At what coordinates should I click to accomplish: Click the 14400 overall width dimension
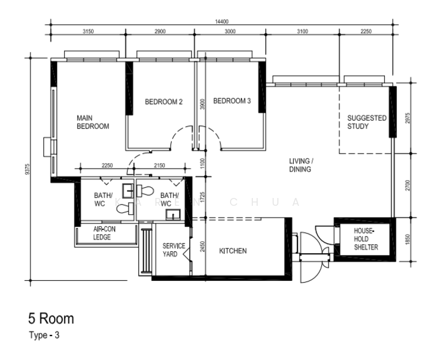pyautogui.click(x=222, y=22)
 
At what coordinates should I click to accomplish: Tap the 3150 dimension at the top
pyautogui.click(x=88, y=31)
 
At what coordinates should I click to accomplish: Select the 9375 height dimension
pyautogui.click(x=27, y=169)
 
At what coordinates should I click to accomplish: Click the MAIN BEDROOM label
pyautogui.click(x=93, y=122)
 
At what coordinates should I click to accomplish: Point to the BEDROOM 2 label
pyautogui.click(x=164, y=102)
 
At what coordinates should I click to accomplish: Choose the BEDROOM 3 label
pyautogui.click(x=232, y=101)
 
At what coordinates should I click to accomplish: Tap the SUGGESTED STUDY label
pyautogui.click(x=367, y=122)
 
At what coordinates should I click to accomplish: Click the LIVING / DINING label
pyautogui.click(x=300, y=165)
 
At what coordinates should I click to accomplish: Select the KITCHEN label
pyautogui.click(x=233, y=251)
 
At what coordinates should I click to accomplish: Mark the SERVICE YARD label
pyautogui.click(x=174, y=250)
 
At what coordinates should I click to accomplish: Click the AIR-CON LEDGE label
pyautogui.click(x=104, y=233)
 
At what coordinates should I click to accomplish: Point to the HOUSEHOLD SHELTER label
pyautogui.click(x=366, y=239)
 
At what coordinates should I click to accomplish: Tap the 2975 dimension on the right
pyautogui.click(x=407, y=118)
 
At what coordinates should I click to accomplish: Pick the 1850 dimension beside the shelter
pyautogui.click(x=407, y=239)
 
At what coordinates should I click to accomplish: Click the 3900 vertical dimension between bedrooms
pyautogui.click(x=202, y=104)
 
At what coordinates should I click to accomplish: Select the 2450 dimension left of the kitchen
pyautogui.click(x=202, y=247)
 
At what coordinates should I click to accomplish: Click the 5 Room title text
pyautogui.click(x=51, y=319)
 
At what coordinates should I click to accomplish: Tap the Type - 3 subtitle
pyautogui.click(x=44, y=335)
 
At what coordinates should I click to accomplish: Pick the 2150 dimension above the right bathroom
pyautogui.click(x=159, y=166)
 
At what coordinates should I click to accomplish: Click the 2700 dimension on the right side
pyautogui.click(x=407, y=185)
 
